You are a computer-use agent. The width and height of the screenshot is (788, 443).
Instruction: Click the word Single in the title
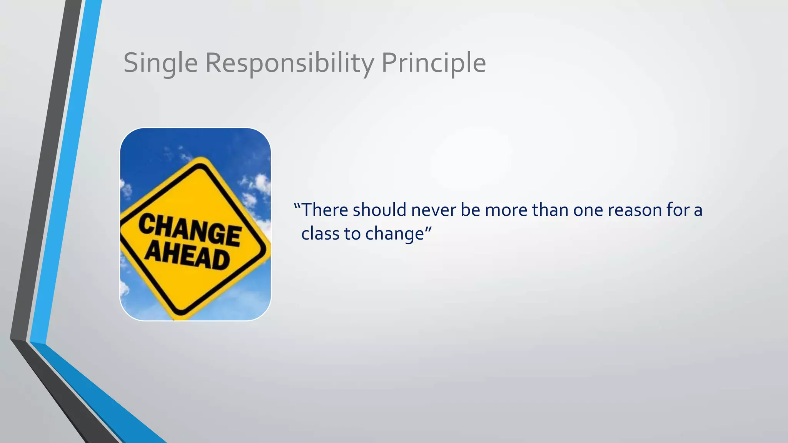pyautogui.click(x=160, y=63)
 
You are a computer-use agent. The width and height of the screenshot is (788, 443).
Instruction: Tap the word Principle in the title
pyautogui.click(x=433, y=63)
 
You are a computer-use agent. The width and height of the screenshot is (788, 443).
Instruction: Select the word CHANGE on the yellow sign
pyautogui.click(x=190, y=230)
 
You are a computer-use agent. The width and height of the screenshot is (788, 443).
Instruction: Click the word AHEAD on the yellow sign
pyautogui.click(x=187, y=255)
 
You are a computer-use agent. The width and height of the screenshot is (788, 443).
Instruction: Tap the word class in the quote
pyautogui.click(x=317, y=233)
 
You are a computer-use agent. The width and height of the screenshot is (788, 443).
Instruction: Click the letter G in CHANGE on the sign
pyautogui.click(x=212, y=233)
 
